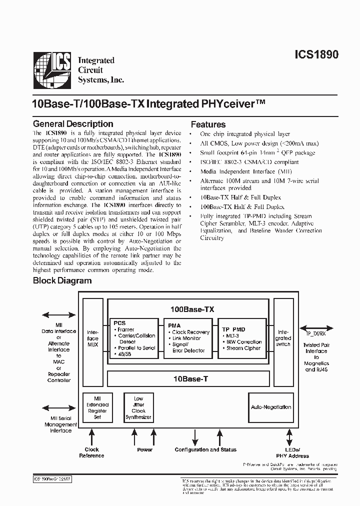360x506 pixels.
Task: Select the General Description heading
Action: click(x=73, y=124)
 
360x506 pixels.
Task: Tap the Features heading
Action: click(x=208, y=124)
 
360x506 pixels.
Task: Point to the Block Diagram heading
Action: click(x=62, y=280)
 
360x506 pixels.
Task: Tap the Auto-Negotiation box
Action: click(x=270, y=407)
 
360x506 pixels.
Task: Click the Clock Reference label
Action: click(x=92, y=452)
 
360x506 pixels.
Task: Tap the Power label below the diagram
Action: click(x=145, y=450)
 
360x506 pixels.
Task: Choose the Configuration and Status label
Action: click(x=205, y=450)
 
